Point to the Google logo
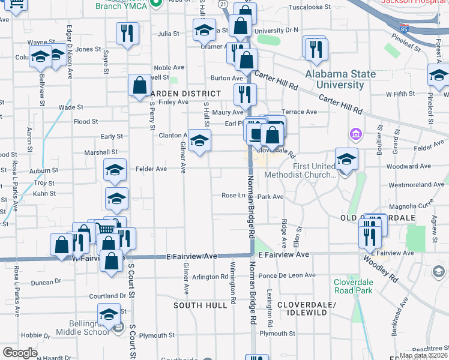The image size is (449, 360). click(x=20, y=353)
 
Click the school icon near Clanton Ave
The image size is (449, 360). click(x=199, y=142)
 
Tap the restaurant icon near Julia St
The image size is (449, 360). click(x=127, y=34)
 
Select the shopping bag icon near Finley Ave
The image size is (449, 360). click(x=139, y=86)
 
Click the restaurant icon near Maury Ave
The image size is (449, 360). click(x=245, y=95)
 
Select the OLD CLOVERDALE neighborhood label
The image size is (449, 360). click(x=378, y=217)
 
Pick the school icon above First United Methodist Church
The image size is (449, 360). click(x=346, y=160)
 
